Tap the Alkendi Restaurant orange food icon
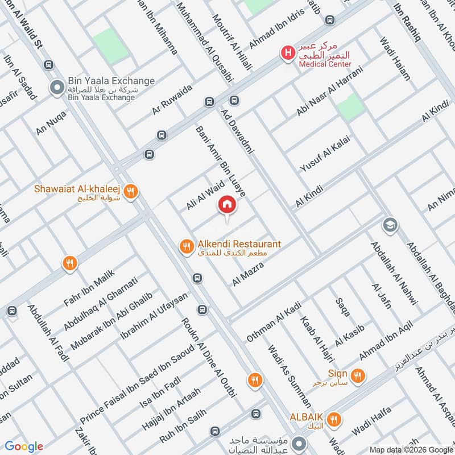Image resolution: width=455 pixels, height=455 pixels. (x=185, y=246)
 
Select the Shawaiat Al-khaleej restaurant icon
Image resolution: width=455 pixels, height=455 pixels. (x=131, y=192)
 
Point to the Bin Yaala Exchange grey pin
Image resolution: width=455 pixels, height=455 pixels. (x=56, y=88)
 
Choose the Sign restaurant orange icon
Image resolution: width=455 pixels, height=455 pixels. (x=358, y=375)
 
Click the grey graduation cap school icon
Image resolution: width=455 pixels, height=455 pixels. (x=389, y=224)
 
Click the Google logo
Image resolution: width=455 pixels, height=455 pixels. (x=24, y=446)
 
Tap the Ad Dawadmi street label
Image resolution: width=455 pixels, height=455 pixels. (x=239, y=130)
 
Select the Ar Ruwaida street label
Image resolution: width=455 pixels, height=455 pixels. (x=173, y=100)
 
